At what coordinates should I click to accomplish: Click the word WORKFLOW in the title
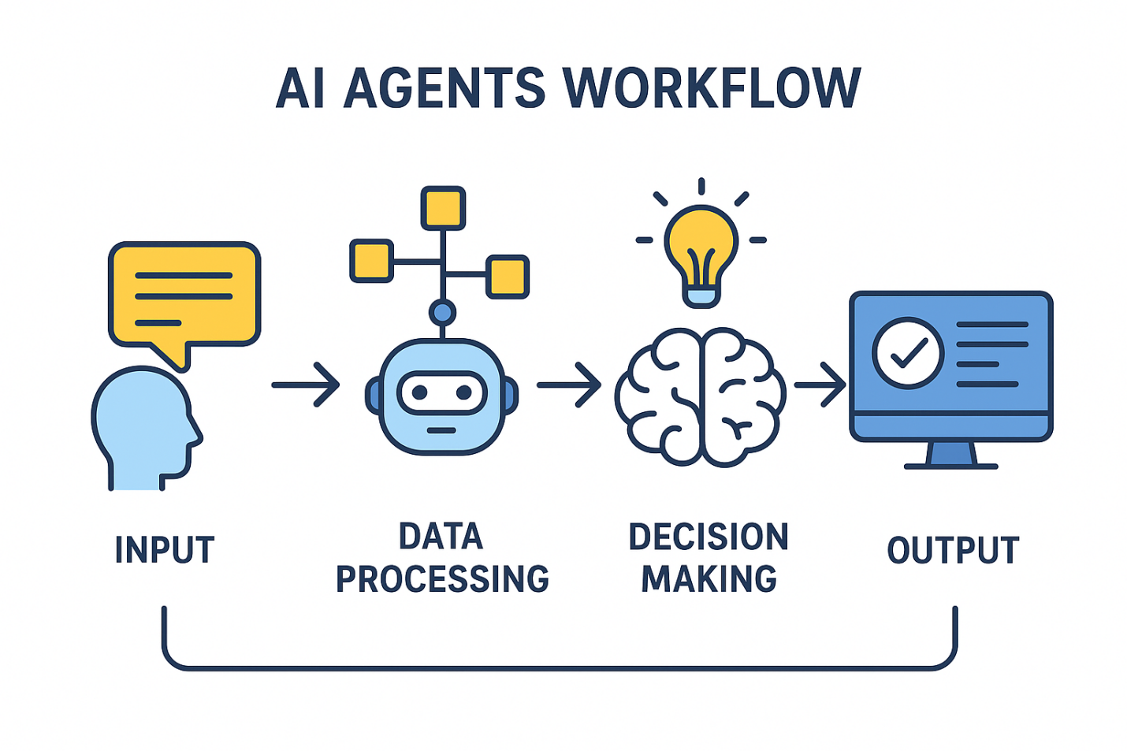click(712, 87)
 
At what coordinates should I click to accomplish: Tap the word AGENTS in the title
click(444, 87)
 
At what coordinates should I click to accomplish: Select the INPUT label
click(164, 550)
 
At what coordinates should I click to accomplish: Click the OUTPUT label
click(953, 550)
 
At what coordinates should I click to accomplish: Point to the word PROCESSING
click(442, 579)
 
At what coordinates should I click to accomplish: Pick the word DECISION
click(708, 537)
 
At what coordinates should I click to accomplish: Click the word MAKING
click(709, 579)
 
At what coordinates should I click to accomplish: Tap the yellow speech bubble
click(184, 295)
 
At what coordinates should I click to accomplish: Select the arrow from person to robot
click(305, 385)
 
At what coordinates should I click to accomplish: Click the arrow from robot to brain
click(568, 385)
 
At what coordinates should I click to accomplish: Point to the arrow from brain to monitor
click(820, 385)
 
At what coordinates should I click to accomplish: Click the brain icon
click(700, 398)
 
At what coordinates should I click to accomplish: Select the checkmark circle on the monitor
click(908, 353)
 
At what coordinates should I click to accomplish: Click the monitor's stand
click(950, 455)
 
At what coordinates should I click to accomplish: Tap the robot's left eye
click(418, 392)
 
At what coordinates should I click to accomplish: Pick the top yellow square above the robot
click(443, 208)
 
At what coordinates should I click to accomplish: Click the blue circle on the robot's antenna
click(443, 313)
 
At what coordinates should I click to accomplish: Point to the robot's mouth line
click(441, 430)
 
